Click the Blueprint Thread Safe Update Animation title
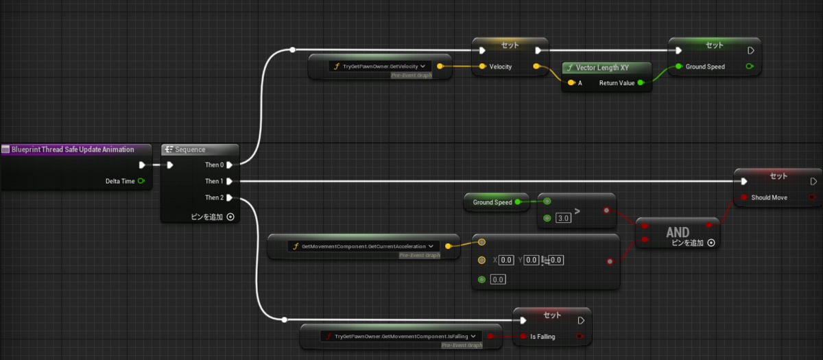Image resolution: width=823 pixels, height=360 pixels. tap(72, 149)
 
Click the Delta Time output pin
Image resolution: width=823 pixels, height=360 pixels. tap(141, 181)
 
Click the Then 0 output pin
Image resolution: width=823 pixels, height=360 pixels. tap(230, 165)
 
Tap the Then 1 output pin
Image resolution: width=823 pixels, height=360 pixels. tap(230, 181)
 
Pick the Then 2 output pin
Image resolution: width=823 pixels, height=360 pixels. tap(230, 198)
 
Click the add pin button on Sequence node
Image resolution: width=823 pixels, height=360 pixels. tap(230, 217)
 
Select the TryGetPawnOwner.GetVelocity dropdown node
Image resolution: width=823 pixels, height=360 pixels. tap(379, 67)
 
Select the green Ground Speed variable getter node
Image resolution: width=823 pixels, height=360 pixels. tap(493, 202)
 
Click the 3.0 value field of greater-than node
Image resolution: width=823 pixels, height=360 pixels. tap(562, 218)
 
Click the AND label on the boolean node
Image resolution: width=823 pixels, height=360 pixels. tap(677, 233)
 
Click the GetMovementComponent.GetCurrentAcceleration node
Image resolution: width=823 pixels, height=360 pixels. tap(364, 245)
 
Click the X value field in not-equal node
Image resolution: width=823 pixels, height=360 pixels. tap(505, 260)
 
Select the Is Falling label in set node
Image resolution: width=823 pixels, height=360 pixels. tap(542, 336)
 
